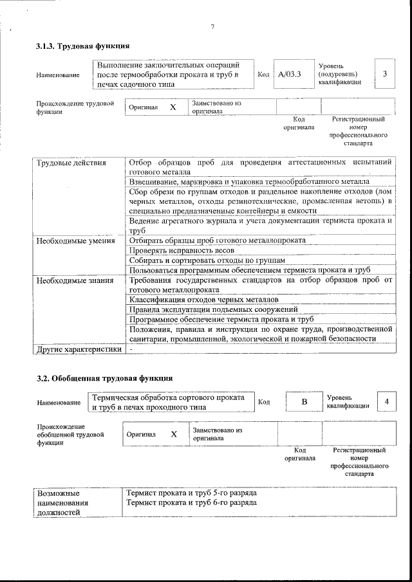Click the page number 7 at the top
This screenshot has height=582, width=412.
coord(212,26)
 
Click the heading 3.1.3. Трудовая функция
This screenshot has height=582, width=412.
coord(83,46)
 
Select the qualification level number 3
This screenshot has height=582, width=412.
coord(384,74)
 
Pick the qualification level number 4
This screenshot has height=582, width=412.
coord(386,401)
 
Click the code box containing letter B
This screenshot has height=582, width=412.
coord(304,402)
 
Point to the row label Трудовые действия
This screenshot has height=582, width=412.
coord(71,163)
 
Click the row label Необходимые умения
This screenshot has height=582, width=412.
coord(75,241)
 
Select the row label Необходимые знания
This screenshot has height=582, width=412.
coord(75,280)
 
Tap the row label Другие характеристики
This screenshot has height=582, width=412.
coord(79,349)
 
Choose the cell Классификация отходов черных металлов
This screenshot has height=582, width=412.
coord(203,300)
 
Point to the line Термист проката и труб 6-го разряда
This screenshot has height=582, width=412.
coord(192,502)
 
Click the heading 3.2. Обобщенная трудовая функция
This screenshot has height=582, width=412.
coord(104,377)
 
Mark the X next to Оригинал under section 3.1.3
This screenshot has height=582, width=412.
coord(172,107)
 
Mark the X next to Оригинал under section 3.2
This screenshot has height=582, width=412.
coord(174,434)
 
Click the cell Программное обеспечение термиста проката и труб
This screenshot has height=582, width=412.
coord(221,319)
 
